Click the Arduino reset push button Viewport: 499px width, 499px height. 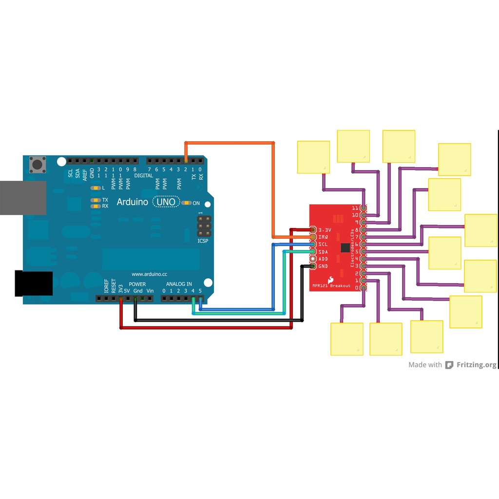tap(38, 164)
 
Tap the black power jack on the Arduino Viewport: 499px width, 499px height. tap(33, 284)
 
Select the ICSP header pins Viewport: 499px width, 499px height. tap(204, 227)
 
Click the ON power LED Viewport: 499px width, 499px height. tap(186, 203)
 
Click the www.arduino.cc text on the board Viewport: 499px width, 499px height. tap(150, 274)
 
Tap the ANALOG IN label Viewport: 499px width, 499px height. tap(179, 284)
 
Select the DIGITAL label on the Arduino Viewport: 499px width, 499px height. tap(143, 175)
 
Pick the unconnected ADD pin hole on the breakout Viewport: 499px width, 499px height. tap(313, 259)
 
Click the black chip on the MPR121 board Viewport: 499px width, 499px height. tap(345, 248)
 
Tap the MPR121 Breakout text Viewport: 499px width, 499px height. tap(331, 286)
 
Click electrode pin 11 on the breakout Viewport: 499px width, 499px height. tap(363, 208)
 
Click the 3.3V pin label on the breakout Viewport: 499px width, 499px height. tap(325, 230)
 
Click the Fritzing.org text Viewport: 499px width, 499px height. tap(476, 365)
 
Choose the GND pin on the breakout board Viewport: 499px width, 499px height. tap(313, 266)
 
